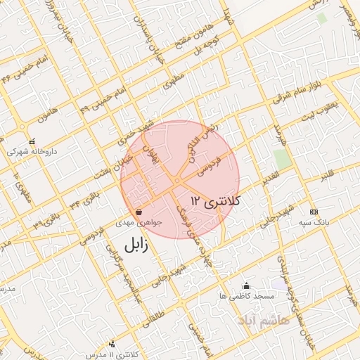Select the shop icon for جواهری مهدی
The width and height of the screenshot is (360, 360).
(x=139, y=212)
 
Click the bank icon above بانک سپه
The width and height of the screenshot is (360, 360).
(x=313, y=212)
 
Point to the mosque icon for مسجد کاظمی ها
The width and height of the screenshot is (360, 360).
(x=246, y=285)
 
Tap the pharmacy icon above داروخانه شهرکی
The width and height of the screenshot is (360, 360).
(x=32, y=141)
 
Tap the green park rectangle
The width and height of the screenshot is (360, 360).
(x=283, y=159)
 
